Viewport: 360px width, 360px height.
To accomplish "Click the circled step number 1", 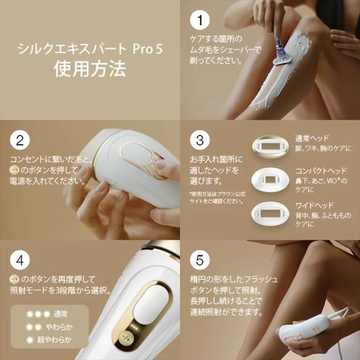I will pos(200,20).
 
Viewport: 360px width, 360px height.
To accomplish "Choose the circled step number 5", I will pos(200,259).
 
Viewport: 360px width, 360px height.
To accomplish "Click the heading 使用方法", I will pos(90,69).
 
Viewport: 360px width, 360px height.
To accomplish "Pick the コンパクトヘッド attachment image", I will pos(271,179).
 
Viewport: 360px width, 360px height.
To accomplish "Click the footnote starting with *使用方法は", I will pos(216,197).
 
